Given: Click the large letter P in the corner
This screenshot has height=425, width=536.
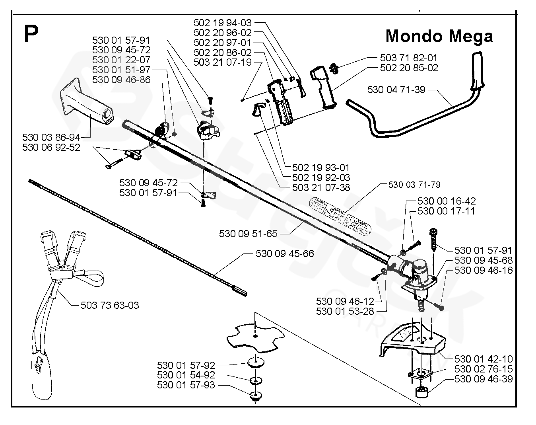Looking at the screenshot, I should click(x=31, y=34).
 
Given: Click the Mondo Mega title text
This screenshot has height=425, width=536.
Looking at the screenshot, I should click(x=439, y=36).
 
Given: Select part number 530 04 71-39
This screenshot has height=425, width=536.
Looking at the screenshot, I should click(x=396, y=90).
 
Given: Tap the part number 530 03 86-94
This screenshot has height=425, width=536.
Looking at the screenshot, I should click(x=51, y=138).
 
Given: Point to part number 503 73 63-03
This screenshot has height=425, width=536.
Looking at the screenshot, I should click(x=110, y=305).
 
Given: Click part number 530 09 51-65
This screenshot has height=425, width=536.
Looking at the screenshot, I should click(x=248, y=234).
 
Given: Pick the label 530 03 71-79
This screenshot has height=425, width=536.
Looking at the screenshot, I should click(x=414, y=185).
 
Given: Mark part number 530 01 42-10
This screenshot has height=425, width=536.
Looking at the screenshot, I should click(x=484, y=359).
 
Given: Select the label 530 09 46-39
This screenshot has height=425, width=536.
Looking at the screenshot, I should click(x=484, y=379).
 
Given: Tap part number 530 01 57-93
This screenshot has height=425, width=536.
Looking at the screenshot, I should click(x=186, y=385).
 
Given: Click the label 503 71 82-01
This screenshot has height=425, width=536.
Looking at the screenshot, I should click(x=409, y=58).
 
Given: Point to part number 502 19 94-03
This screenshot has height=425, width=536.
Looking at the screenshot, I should click(x=223, y=23).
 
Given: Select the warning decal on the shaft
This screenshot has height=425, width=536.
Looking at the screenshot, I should click(x=342, y=215).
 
